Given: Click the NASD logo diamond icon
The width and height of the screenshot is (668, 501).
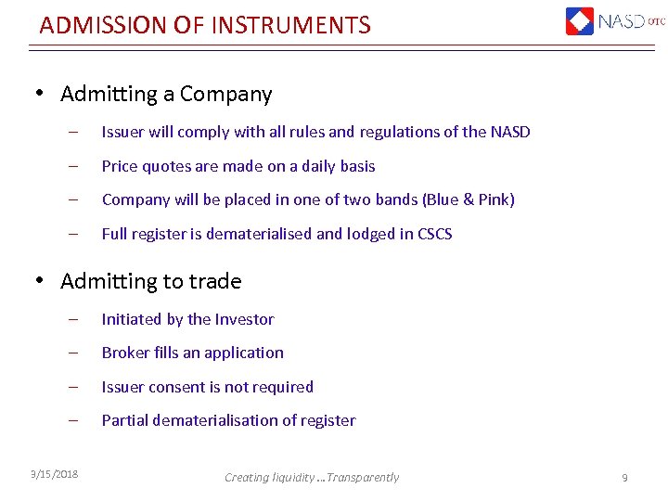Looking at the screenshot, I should [x=580, y=20].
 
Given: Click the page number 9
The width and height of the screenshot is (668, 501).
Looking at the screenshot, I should [x=624, y=477].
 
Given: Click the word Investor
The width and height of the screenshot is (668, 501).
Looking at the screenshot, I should [x=244, y=319].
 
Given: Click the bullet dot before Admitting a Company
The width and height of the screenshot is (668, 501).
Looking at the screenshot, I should [x=41, y=95].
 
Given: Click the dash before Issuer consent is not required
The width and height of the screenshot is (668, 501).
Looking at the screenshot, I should [x=72, y=387].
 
